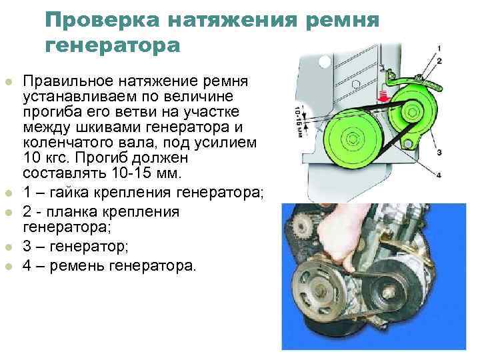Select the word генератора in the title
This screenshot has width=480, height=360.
tap(113, 45)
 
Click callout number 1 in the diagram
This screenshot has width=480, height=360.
tap(439, 48)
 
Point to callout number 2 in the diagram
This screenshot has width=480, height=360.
tap(439, 61)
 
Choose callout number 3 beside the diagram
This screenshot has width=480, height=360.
tap(439, 152)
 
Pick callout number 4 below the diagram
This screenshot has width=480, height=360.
tap(439, 175)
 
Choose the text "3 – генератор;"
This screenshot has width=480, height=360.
tap(75, 246)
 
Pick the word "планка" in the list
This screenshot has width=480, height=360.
tap(71, 212)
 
